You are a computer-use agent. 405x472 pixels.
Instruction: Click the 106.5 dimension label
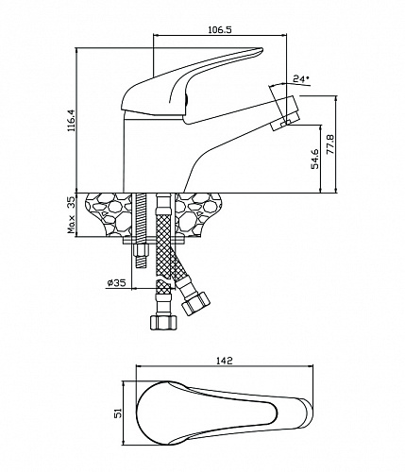coord(220,30)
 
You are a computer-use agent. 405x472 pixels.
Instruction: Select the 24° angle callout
coord(300,78)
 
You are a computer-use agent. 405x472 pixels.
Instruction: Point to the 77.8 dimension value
coord(330,144)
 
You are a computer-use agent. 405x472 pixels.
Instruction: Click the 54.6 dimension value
coord(315,160)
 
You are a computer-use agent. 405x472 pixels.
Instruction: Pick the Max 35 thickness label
coord(72,215)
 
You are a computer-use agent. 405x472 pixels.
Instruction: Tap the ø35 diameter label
coord(116,283)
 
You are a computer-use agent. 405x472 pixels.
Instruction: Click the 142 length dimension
coord(224,361)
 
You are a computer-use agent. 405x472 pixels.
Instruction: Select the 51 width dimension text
coord(118,413)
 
